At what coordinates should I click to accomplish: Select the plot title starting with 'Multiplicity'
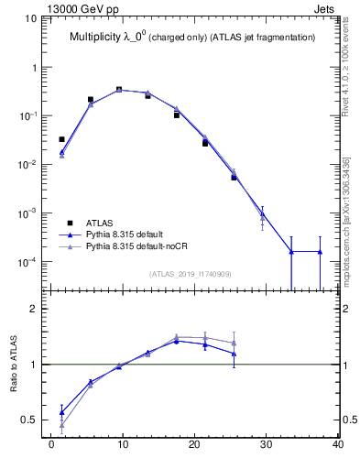click(192, 38)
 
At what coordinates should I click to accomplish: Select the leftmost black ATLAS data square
click(61, 139)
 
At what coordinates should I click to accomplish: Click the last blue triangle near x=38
click(320, 251)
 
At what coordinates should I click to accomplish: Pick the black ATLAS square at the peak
click(119, 90)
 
